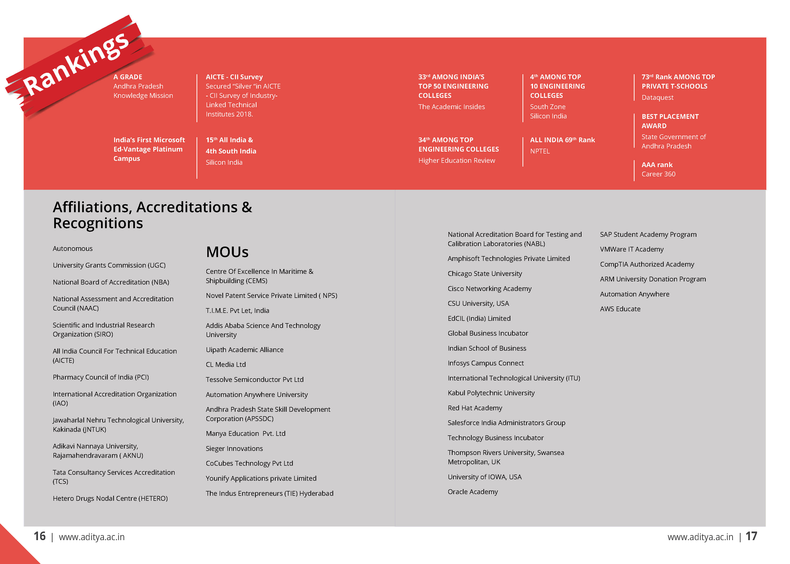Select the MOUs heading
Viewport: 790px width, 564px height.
(227, 252)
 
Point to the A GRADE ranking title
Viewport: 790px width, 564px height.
(128, 77)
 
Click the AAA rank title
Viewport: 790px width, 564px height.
(657, 165)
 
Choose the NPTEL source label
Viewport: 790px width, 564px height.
(540, 151)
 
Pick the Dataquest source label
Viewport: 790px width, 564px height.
(657, 98)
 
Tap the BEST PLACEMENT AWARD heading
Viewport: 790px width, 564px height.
(670, 121)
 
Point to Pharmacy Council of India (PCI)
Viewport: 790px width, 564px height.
(101, 377)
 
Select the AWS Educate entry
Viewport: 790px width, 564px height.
(620, 309)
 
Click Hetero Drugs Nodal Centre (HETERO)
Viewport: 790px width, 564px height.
(110, 498)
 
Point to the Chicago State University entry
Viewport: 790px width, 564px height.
(485, 274)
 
